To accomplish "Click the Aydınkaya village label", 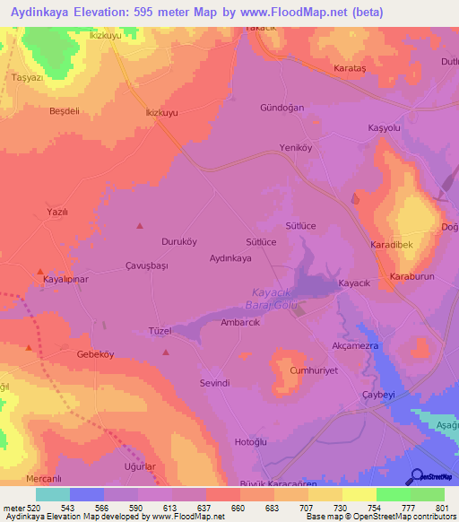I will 229,257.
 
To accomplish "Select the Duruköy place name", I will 153,242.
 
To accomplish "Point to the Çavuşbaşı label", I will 147,266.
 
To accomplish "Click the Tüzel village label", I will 160,331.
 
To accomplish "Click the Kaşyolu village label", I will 384,129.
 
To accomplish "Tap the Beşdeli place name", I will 65,111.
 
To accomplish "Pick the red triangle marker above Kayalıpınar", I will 39,271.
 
